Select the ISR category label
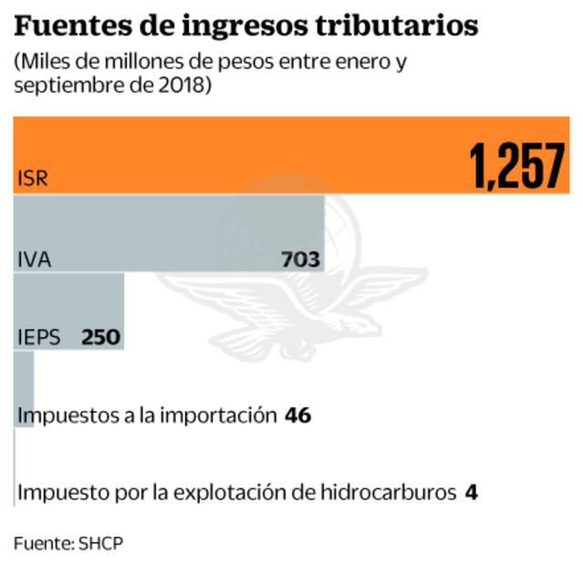(x=31, y=178)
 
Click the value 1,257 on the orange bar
(x=517, y=168)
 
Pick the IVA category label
(x=34, y=259)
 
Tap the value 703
(x=300, y=260)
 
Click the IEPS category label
(x=39, y=337)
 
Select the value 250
(x=100, y=337)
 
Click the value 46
(x=297, y=415)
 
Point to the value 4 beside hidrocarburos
(x=471, y=493)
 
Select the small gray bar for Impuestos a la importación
(x=25, y=374)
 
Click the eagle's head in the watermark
(x=365, y=324)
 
